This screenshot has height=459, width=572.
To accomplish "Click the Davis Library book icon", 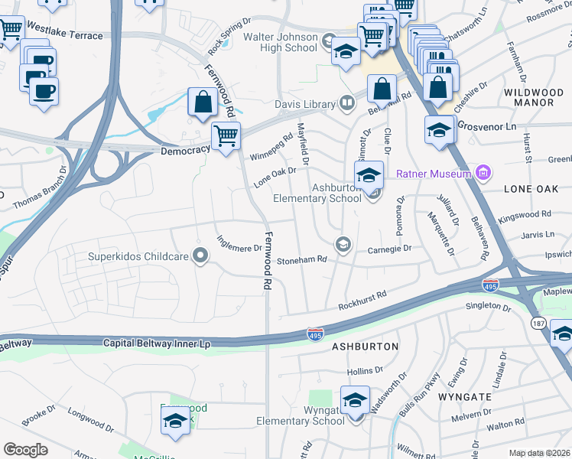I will (x=347, y=103).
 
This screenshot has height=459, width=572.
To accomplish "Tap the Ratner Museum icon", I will (x=482, y=173).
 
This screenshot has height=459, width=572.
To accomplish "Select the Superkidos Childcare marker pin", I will (x=201, y=256).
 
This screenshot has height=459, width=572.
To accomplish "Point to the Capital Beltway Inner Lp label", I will (x=157, y=344).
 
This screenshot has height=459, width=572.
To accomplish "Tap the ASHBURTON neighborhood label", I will (x=365, y=347).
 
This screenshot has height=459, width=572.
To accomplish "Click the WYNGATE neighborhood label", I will (x=464, y=397).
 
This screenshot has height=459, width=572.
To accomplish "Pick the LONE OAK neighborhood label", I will (x=527, y=187).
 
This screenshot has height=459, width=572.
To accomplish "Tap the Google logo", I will (x=25, y=450).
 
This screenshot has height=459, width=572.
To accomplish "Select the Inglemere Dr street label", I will (x=239, y=248).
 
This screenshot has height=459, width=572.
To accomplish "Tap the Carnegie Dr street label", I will (x=389, y=249).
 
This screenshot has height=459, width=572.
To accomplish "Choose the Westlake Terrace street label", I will (x=64, y=36).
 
